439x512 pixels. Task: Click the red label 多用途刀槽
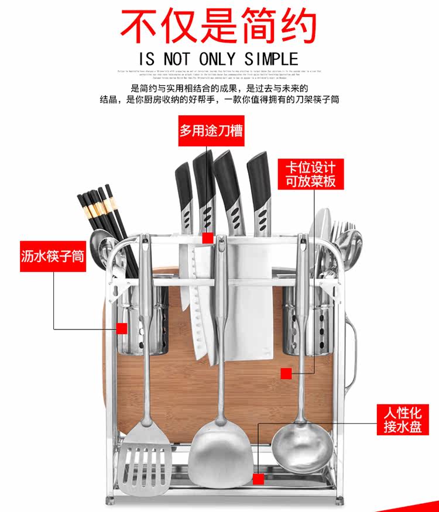[211, 130]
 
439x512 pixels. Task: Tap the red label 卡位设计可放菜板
[311, 173]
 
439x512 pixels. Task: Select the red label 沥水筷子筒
[53, 256]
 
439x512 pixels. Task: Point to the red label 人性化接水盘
[402, 419]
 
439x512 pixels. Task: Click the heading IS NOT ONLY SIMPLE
[218, 59]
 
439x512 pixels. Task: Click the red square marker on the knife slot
[208, 238]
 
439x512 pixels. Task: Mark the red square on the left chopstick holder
[122, 328]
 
